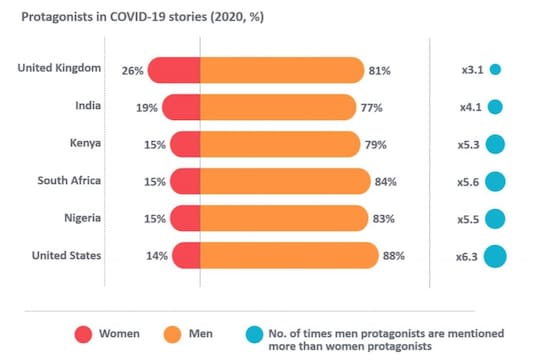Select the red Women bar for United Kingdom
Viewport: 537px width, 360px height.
(x=176, y=71)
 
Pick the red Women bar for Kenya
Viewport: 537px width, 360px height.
(x=186, y=145)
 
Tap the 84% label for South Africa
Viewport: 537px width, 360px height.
(x=386, y=182)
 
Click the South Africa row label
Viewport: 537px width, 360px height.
(x=69, y=181)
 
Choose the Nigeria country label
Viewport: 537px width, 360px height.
(x=80, y=218)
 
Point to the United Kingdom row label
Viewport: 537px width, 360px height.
(x=61, y=67)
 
